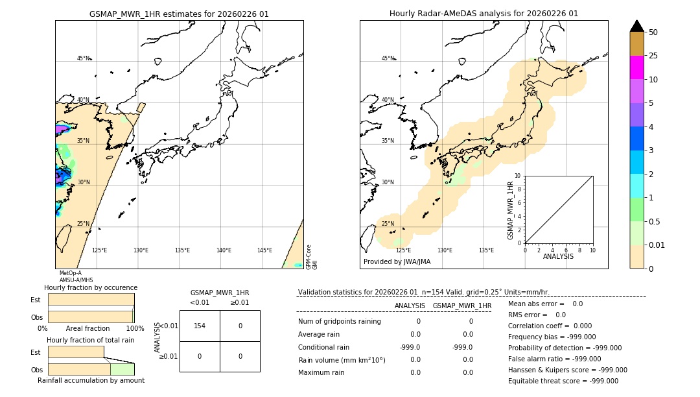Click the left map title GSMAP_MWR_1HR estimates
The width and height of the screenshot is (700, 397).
(179, 14)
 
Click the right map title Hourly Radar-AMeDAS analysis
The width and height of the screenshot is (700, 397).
(484, 14)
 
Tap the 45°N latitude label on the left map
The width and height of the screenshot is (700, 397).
(83, 58)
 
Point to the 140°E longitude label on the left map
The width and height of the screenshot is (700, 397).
(224, 250)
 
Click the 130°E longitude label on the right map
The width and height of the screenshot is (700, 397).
(445, 250)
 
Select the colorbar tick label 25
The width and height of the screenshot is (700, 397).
(653, 56)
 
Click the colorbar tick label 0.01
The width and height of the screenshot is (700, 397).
(657, 245)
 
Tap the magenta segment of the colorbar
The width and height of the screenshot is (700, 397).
(636, 67)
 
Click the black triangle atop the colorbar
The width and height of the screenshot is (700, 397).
(636, 26)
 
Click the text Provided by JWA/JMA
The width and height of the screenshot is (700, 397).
(397, 262)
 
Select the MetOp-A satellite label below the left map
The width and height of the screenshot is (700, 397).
(70, 273)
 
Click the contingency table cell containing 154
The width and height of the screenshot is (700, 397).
(200, 326)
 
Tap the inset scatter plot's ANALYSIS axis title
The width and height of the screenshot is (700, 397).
(559, 257)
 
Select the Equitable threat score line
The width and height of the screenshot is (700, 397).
(563, 381)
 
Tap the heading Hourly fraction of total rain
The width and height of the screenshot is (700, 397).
(91, 341)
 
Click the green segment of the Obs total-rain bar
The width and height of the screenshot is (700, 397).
(122, 369)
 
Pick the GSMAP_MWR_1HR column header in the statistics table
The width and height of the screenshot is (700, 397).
(461, 306)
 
